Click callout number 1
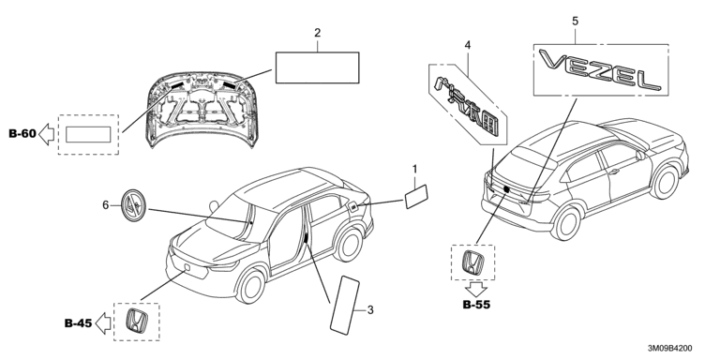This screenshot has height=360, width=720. [x=414, y=170]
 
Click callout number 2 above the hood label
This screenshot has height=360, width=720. [x=317, y=33]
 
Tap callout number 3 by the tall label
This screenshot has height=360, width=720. [x=370, y=310]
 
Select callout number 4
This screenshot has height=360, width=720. [x=468, y=45]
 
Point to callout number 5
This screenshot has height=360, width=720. [x=575, y=22]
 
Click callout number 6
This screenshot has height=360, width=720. [x=106, y=205]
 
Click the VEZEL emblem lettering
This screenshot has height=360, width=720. [x=600, y=69]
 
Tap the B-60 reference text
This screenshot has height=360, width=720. [x=22, y=134]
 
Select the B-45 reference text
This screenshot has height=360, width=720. [x=78, y=323]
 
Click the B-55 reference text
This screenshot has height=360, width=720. [x=476, y=305]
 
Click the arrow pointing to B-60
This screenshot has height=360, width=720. [x=46, y=135]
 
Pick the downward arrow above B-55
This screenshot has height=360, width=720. [x=475, y=290]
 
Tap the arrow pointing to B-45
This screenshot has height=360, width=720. [x=102, y=323]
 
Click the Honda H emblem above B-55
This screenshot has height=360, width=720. [x=472, y=262]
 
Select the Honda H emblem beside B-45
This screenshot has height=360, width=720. [x=136, y=322]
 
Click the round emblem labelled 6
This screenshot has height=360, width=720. [x=133, y=205]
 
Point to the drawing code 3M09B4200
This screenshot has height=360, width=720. [x=670, y=350]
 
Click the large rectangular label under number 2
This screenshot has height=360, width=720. [x=317, y=67]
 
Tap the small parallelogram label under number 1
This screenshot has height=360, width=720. [x=416, y=197]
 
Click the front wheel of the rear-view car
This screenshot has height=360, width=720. [x=665, y=182]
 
